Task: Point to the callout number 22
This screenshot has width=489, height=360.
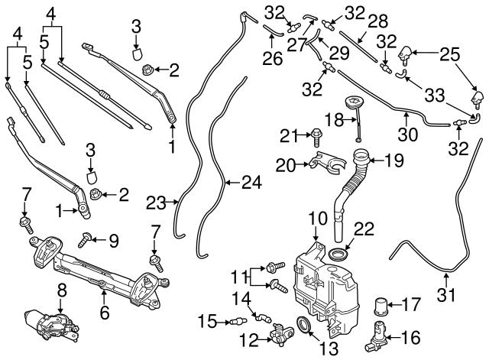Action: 364,229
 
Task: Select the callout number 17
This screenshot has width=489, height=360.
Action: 411,305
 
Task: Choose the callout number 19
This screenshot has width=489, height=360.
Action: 396,161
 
